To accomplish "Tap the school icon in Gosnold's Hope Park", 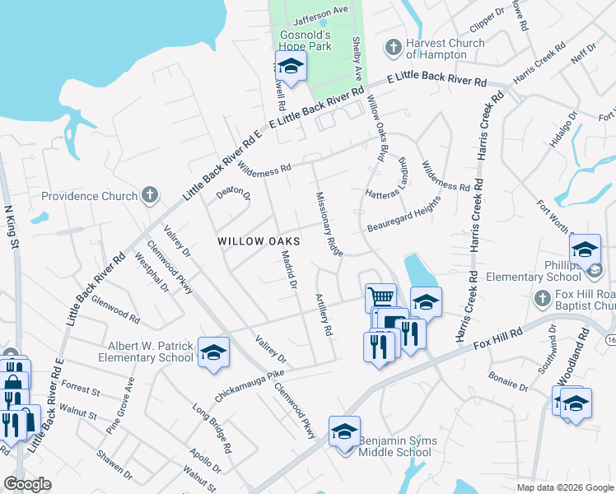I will pyautogui.click(x=291, y=66).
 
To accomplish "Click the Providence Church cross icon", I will pyautogui.click(x=149, y=195).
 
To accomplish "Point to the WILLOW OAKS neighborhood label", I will pyautogui.click(x=258, y=241).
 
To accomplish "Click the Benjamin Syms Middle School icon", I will pyautogui.click(x=344, y=431).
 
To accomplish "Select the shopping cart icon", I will pyautogui.click(x=380, y=296).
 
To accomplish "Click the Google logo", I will pyautogui.click(x=27, y=483).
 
